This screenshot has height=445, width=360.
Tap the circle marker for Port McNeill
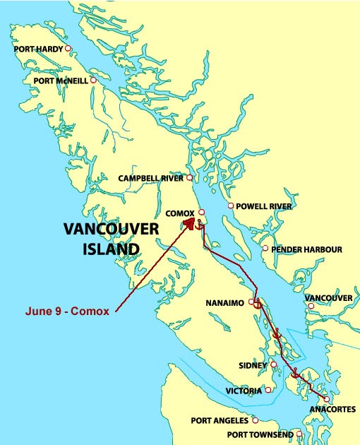click(x=92, y=81)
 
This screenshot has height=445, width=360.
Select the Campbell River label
click(x=151, y=179)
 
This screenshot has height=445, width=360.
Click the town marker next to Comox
click(x=201, y=212)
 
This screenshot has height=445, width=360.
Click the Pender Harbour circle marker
click(x=265, y=248)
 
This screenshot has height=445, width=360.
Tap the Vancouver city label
click(x=328, y=299)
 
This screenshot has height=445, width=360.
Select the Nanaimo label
click(x=224, y=303)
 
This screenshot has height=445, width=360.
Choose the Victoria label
click(x=244, y=391)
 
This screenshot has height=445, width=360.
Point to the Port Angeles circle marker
click(x=256, y=420)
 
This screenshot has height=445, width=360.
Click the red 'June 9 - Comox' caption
click(x=67, y=311)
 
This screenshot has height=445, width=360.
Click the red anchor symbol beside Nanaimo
click(x=258, y=304)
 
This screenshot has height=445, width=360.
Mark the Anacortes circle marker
click(x=326, y=399)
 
